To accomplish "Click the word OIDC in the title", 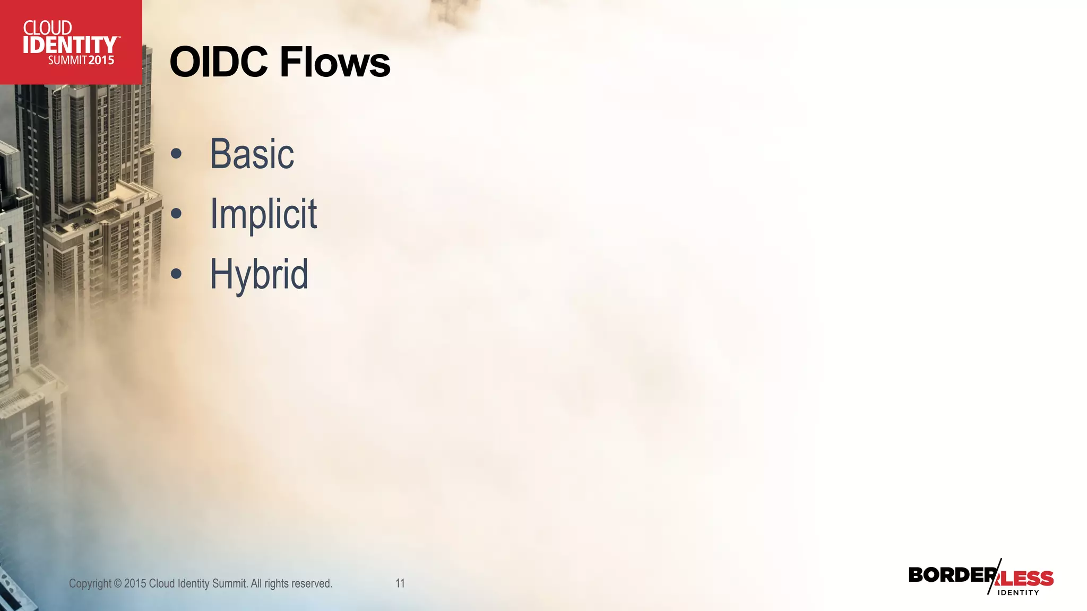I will point(218,62).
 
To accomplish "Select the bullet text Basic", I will point(252,154).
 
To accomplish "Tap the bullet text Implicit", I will point(263,214).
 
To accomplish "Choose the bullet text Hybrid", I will point(259,274).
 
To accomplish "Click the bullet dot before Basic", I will point(176,154).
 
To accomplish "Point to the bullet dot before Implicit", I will point(176,214).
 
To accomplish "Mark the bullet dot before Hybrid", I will point(176,274).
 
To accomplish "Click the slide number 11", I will point(400,583).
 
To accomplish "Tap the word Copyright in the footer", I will point(90,584).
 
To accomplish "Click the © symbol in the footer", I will point(118,584).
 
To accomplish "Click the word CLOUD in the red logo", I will point(48,28).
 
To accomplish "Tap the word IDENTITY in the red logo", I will point(70,45).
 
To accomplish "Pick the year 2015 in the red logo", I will point(101,60).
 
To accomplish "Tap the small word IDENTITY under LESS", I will point(1018,592).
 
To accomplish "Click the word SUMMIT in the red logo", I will point(67,60).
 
